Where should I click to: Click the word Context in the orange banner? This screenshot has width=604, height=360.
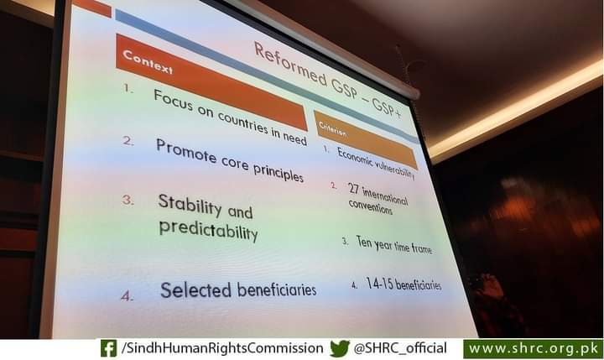click(147, 61)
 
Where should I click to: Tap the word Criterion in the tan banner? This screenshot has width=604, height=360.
click(332, 129)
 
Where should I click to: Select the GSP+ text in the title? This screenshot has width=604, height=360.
click(387, 106)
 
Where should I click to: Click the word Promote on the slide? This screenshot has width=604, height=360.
click(186, 151)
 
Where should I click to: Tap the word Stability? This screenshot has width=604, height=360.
click(190, 205)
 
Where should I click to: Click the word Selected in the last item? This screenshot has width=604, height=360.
click(195, 290)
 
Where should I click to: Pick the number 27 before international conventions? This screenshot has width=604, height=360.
click(353, 189)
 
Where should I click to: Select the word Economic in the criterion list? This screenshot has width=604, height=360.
click(355, 157)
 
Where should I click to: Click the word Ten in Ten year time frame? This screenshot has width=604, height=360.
click(363, 242)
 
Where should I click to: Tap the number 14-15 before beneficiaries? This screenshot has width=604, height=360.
click(379, 284)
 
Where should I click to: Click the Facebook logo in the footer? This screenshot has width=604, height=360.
click(108, 348)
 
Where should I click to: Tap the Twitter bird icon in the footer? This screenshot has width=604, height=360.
click(340, 348)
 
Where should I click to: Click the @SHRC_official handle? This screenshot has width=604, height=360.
click(400, 348)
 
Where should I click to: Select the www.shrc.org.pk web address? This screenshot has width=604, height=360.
click(533, 349)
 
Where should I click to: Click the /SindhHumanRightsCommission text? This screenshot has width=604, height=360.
click(222, 348)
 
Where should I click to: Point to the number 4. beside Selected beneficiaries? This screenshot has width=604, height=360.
click(128, 296)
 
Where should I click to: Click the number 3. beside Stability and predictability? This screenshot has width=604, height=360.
click(128, 200)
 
